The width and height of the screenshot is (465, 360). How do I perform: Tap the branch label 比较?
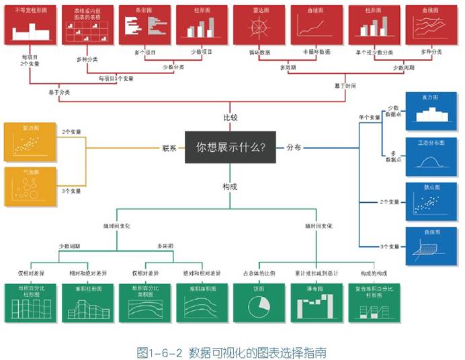coord(230,118)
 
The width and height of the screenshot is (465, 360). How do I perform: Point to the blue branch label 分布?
coord(294,147)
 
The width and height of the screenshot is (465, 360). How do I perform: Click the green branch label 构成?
coord(230,187)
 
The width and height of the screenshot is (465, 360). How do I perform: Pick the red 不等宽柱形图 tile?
coord(28,26)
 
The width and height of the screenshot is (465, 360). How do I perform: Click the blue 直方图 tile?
coord(430,111)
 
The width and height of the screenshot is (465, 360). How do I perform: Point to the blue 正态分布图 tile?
coord(430,156)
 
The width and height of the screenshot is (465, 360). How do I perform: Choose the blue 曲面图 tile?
coord(430,246)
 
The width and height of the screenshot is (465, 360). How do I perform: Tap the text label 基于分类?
coord(58,91)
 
